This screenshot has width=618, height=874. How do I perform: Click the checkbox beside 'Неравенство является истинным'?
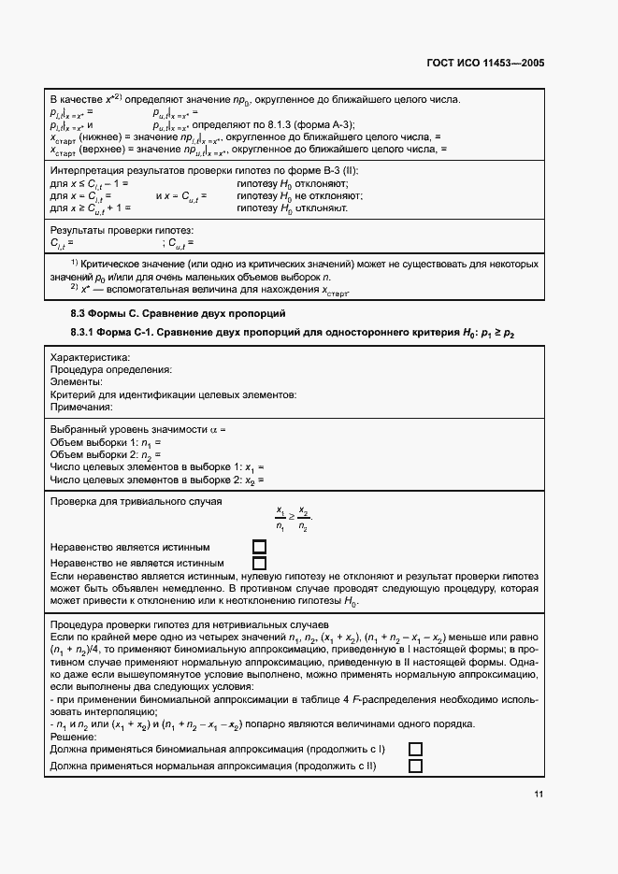[x=260, y=547]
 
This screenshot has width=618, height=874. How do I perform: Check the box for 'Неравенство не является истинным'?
[x=260, y=563]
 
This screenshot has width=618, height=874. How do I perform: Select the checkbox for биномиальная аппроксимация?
[x=415, y=750]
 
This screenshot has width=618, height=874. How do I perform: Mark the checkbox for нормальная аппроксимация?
[x=415, y=766]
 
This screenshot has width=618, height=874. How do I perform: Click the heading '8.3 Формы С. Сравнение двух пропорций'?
[x=178, y=312]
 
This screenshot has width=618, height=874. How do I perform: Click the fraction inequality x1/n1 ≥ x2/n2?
[x=294, y=519]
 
